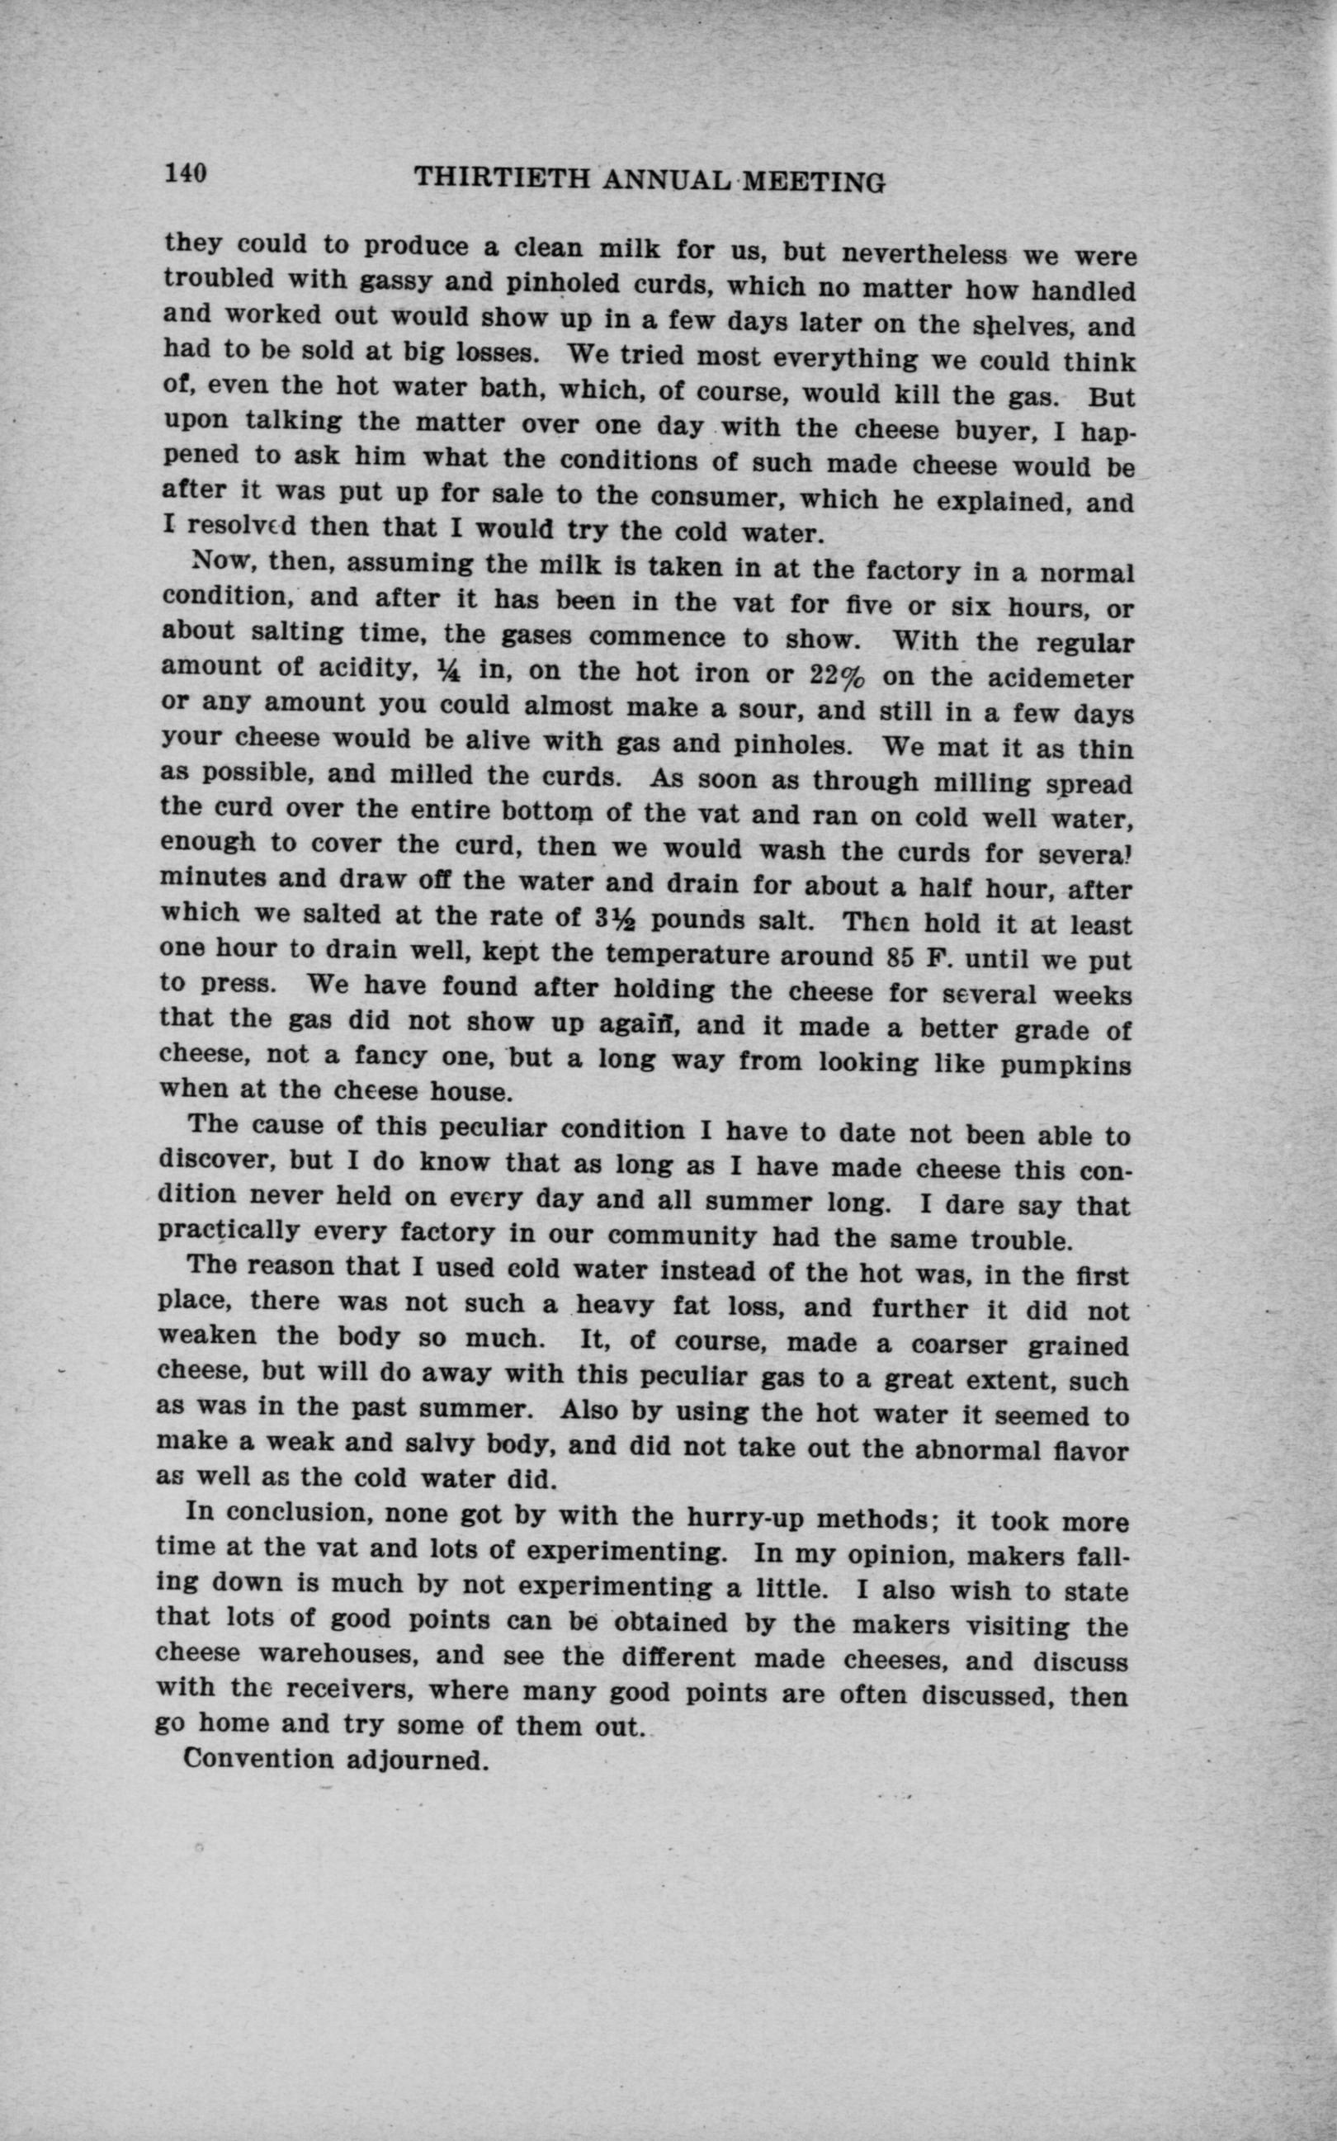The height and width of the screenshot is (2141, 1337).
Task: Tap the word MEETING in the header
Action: click(814, 182)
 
